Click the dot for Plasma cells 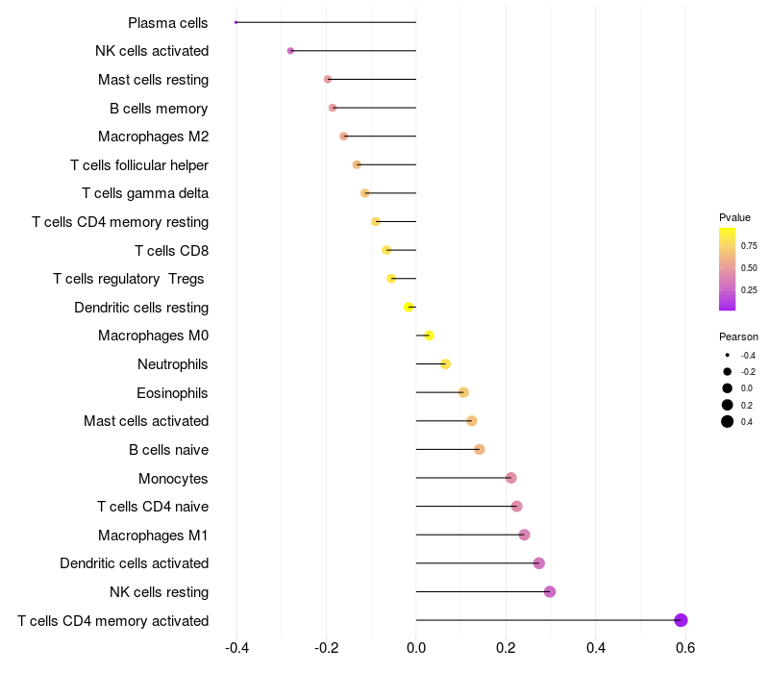(x=236, y=22)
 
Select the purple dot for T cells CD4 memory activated (x=681, y=620)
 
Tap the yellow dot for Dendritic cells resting (x=409, y=307)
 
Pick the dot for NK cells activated (x=290, y=51)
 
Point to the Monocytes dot (x=511, y=478)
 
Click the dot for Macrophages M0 (x=429, y=336)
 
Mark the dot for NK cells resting (x=550, y=591)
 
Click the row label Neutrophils (x=173, y=364)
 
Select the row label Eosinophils (x=172, y=393)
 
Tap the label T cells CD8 (x=172, y=251)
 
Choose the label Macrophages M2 (x=154, y=137)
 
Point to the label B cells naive (x=169, y=450)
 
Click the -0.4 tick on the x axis (x=236, y=648)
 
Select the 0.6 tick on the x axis (x=685, y=648)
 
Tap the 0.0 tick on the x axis (x=416, y=648)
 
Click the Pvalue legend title (x=734, y=217)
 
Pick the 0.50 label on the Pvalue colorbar (x=749, y=268)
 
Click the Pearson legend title (x=738, y=336)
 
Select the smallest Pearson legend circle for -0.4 (x=728, y=355)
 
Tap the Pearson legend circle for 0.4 (x=728, y=421)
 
